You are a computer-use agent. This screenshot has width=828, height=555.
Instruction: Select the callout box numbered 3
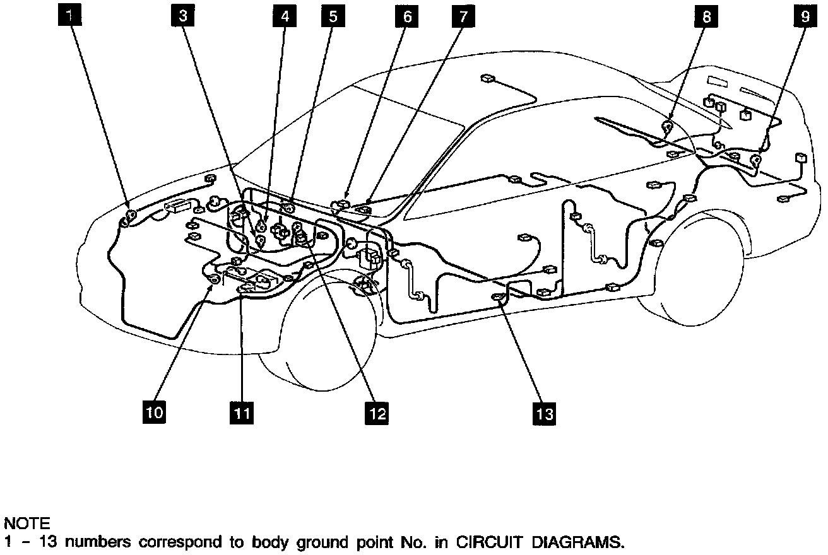click(x=183, y=16)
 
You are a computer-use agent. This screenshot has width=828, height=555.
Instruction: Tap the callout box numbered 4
click(x=285, y=16)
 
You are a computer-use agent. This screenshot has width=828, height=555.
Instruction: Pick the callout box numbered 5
click(x=332, y=16)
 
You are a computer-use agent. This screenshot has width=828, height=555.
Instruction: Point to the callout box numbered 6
click(x=407, y=16)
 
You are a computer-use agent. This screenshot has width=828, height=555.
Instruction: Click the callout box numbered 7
click(x=463, y=16)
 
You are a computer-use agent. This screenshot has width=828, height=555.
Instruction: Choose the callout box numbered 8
click(x=706, y=16)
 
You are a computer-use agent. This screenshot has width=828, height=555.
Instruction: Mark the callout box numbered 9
click(x=805, y=16)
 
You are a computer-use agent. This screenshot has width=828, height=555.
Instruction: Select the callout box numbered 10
click(x=155, y=412)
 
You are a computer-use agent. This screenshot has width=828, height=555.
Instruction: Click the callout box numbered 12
click(x=376, y=413)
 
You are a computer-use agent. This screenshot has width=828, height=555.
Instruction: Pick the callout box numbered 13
click(x=545, y=413)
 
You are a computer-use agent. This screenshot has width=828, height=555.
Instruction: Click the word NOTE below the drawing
click(x=27, y=523)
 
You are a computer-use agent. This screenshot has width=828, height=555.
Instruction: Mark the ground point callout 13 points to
click(x=499, y=298)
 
